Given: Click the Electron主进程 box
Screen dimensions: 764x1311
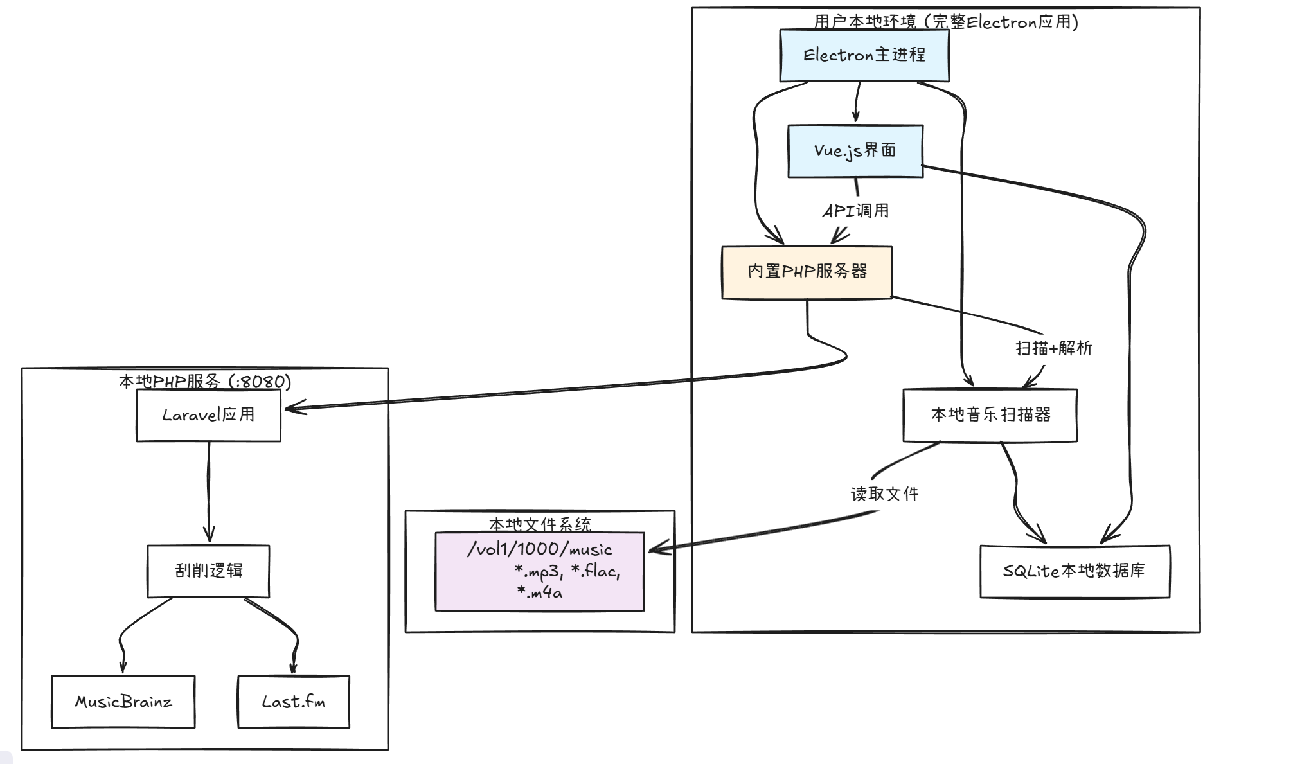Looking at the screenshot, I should tap(864, 55).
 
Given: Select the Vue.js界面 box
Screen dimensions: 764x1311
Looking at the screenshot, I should tap(855, 151).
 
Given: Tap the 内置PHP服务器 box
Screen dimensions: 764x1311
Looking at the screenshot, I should tap(807, 272).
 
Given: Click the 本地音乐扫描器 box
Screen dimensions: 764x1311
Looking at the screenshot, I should tap(990, 415).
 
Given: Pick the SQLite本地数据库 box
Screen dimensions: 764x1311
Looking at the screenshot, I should tap(1074, 571).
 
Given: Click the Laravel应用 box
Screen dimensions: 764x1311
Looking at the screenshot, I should tap(208, 415).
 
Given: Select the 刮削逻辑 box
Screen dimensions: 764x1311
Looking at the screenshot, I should tap(208, 571).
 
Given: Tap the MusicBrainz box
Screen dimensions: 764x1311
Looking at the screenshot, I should tap(123, 702).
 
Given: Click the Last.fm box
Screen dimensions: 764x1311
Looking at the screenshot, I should tap(293, 702).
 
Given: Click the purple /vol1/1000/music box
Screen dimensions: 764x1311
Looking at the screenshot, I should tap(539, 571).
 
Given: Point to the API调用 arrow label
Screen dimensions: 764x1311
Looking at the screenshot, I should tap(855, 211).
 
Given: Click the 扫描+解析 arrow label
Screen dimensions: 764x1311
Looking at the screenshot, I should tap(1053, 348).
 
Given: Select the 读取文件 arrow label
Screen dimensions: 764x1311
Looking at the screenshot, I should tap(884, 494).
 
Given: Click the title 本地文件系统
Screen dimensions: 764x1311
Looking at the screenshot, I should tap(539, 524).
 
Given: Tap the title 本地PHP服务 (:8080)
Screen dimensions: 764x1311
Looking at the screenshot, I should tap(205, 382).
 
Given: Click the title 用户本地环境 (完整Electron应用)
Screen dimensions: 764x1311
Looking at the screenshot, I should tap(946, 22).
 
